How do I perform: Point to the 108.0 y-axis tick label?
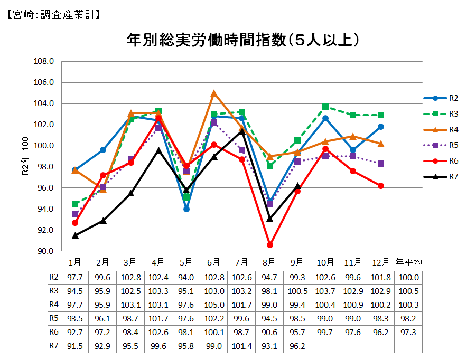[x=44, y=61]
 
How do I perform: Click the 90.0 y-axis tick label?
[x=44, y=251]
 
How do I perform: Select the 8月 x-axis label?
[x=269, y=262]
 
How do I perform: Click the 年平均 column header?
[x=408, y=262]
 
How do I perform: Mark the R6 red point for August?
[x=269, y=245]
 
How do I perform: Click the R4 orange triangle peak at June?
[x=214, y=93]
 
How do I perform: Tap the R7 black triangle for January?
[x=75, y=235]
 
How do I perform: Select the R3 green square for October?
[x=325, y=107]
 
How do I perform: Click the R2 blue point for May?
[x=186, y=209]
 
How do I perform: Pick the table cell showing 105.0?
[x=214, y=305]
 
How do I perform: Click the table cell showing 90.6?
[x=269, y=333]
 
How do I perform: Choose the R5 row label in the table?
[x=54, y=318]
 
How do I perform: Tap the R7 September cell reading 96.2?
[x=297, y=346]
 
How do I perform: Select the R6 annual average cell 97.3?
[x=408, y=333]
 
